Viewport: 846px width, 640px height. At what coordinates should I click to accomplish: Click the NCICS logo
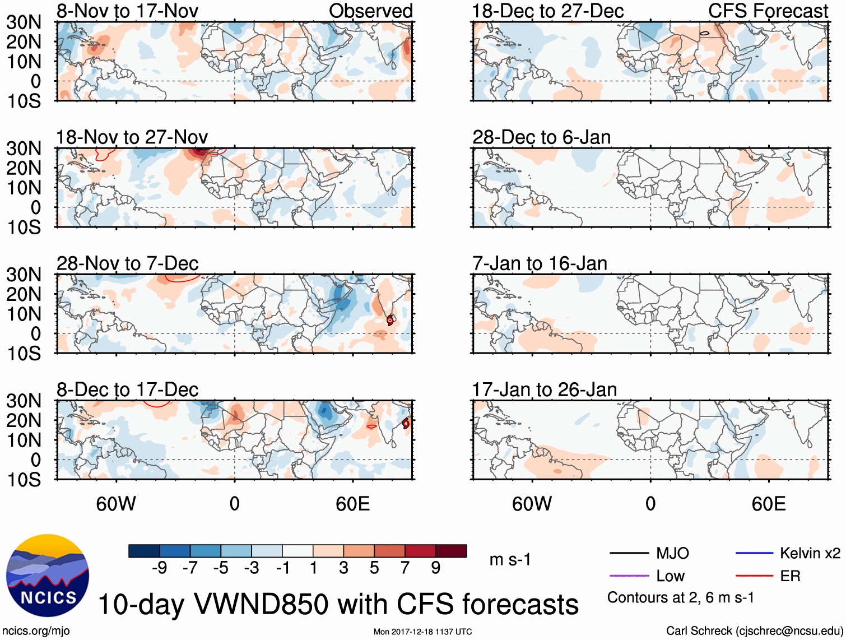[x=47, y=576]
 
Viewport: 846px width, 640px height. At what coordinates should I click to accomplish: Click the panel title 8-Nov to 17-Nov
[x=127, y=11]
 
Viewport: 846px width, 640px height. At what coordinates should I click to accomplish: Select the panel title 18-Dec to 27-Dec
[x=547, y=11]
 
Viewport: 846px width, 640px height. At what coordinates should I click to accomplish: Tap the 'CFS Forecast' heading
[x=768, y=11]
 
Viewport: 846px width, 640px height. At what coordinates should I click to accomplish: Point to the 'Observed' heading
[x=370, y=11]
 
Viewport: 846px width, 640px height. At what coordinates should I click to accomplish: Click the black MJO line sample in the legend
[x=629, y=554]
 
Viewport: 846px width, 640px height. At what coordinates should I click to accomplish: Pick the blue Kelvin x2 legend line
[x=754, y=554]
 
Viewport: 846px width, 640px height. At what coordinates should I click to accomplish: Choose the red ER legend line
[x=754, y=576]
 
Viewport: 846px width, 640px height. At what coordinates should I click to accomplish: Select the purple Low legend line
[x=629, y=576]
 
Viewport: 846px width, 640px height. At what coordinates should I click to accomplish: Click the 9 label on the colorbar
[x=435, y=568]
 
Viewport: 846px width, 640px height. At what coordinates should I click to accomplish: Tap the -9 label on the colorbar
[x=159, y=568]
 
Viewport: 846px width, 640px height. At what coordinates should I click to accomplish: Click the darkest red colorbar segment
[x=451, y=551]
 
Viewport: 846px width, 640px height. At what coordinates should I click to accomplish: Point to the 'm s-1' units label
[x=510, y=560]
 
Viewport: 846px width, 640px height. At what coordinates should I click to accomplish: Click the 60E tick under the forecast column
[x=768, y=504]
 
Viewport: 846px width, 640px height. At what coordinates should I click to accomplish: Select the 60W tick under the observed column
[x=116, y=504]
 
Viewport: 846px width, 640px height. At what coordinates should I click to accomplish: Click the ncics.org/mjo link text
[x=35, y=631]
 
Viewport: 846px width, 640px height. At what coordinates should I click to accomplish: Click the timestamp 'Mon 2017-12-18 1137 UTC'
[x=422, y=632]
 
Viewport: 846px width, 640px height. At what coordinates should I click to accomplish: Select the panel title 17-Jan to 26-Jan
[x=544, y=389]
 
